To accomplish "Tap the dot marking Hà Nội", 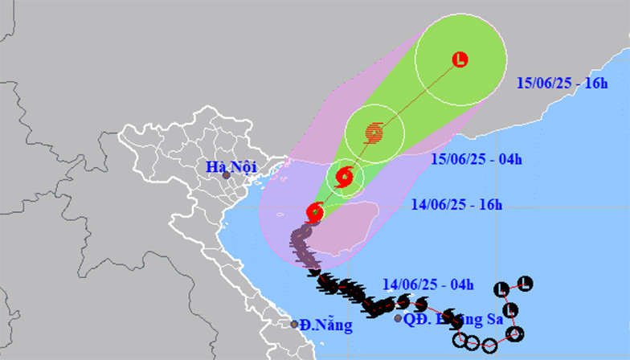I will click(226, 175).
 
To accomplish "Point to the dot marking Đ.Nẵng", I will click(294, 324).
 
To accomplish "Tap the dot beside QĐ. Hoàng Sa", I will click(399, 318).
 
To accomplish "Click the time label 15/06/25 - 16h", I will click(562, 84).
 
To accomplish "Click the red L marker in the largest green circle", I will click(460, 59).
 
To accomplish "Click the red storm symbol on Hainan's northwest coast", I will click(315, 212).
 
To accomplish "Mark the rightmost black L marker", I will click(525, 283).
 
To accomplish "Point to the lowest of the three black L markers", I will click(509, 310).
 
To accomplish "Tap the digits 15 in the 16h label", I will click(523, 84).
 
